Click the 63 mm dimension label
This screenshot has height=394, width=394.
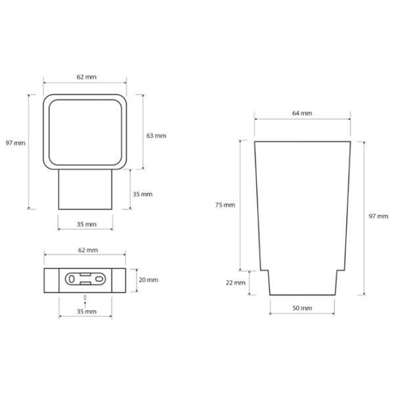point(156,136)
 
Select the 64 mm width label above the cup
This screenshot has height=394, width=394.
point(302,114)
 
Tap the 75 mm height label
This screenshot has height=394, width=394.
point(225,205)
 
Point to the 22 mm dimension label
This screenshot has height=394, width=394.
point(236,282)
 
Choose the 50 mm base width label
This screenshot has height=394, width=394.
point(302,308)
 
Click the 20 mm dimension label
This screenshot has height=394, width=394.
point(148,280)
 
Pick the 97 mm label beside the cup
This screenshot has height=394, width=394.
point(378,216)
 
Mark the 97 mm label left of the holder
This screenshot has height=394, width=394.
point(16,143)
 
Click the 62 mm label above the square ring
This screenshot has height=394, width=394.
point(87,77)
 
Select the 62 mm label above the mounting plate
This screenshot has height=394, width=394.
point(88,250)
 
